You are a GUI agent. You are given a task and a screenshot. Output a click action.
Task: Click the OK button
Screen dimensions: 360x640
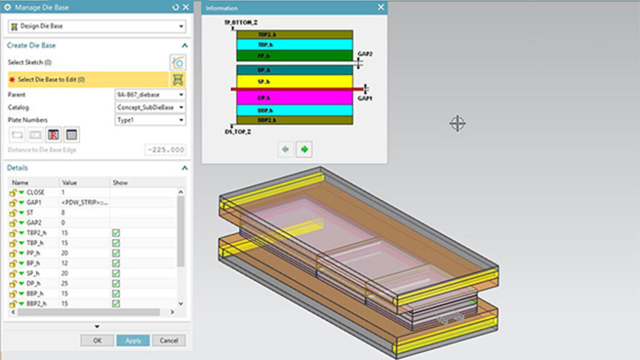pyautogui.click(x=97, y=341)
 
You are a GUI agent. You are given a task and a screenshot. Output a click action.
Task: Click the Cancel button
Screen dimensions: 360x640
pyautogui.click(x=169, y=341)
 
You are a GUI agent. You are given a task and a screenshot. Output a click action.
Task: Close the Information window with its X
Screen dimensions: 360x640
pyautogui.click(x=381, y=7)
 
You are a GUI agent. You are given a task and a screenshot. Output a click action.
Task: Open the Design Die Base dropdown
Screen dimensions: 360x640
pyautogui.click(x=97, y=26)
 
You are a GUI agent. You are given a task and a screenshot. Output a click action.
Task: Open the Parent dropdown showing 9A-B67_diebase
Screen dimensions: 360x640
pyautogui.click(x=151, y=94)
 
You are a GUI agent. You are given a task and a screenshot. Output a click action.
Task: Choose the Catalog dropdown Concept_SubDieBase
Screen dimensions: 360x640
pyautogui.click(x=151, y=107)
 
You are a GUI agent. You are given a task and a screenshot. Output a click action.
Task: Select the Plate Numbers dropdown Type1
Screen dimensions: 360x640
pyautogui.click(x=151, y=120)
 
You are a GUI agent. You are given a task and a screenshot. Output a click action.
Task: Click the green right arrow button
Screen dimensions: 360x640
pyautogui.click(x=304, y=149)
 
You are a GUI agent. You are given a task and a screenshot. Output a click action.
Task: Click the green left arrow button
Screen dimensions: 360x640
pyautogui.click(x=286, y=149)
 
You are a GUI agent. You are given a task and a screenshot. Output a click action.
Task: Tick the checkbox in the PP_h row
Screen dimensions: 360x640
pyautogui.click(x=116, y=253)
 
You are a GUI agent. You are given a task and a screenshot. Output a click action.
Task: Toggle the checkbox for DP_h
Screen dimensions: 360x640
pyautogui.click(x=116, y=283)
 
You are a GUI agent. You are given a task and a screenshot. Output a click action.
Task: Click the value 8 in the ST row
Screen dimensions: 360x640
pyautogui.click(x=63, y=212)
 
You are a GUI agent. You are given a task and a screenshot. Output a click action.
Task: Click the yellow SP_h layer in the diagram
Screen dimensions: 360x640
pyautogui.click(x=294, y=82)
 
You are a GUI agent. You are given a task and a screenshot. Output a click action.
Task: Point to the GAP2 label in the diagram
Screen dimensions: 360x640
pyautogui.click(x=365, y=54)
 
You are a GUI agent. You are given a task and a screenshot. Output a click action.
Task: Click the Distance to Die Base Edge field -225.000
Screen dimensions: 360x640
pyautogui.click(x=165, y=150)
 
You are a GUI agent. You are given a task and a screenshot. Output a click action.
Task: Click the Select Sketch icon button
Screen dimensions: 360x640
pyautogui.click(x=177, y=62)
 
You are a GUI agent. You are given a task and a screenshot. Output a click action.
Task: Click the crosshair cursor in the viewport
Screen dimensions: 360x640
pyautogui.click(x=457, y=123)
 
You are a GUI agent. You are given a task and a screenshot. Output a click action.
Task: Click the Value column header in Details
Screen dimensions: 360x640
pyautogui.click(x=69, y=182)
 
